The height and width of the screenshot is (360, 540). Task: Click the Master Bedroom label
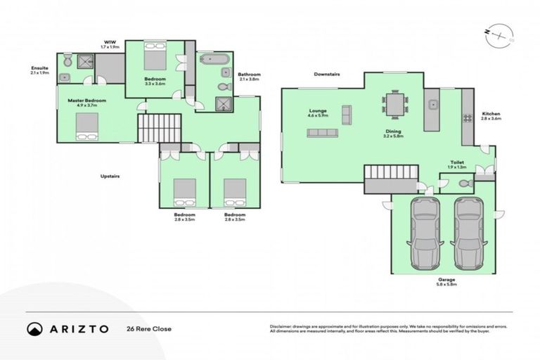tap(86, 101)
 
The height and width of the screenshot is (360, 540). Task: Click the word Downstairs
tap(328, 73)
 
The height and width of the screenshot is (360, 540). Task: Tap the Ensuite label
tap(39, 69)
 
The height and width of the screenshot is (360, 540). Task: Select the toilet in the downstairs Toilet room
tap(464, 184)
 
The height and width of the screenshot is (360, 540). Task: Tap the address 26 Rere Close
tap(150, 328)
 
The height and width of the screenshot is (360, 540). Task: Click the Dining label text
tap(392, 131)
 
